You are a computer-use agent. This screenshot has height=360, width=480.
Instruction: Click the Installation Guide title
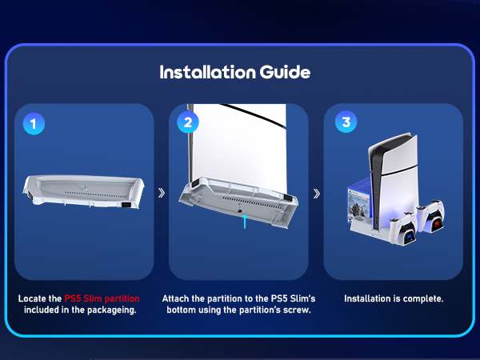coord(235,72)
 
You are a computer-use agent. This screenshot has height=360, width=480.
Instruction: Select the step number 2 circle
coord(188,123)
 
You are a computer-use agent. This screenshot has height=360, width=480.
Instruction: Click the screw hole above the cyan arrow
coord(242,212)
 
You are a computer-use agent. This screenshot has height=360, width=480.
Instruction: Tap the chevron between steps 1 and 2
coord(162,193)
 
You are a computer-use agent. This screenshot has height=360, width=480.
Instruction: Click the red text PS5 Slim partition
coord(106,298)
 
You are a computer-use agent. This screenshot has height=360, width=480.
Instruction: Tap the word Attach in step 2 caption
coord(178,298)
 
